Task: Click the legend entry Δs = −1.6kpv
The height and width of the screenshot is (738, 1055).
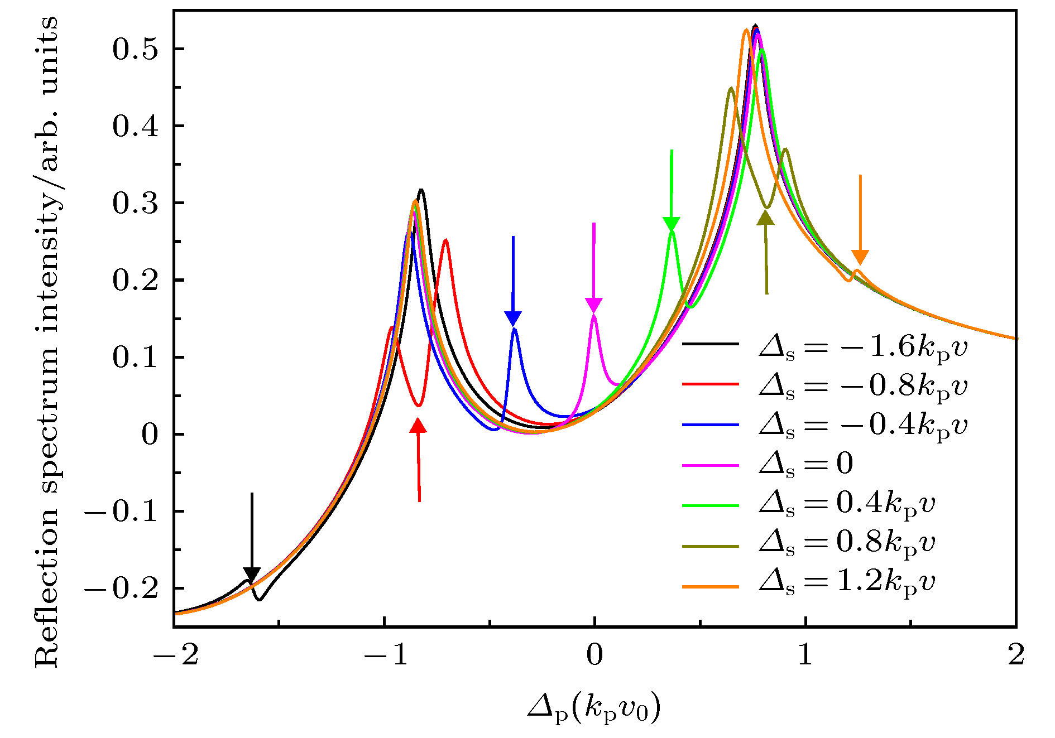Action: click(x=862, y=347)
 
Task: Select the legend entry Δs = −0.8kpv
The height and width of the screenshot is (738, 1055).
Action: click(x=862, y=386)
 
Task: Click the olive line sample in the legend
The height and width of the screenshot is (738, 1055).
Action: click(x=710, y=546)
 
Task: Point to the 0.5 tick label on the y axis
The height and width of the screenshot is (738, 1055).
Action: click(x=136, y=49)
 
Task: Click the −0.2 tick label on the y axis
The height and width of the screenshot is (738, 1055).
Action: click(x=122, y=589)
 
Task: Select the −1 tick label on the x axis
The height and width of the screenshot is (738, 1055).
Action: click(x=385, y=655)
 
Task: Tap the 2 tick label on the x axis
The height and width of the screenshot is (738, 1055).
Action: click(x=1016, y=655)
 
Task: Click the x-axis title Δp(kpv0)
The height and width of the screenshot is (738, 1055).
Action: click(x=594, y=708)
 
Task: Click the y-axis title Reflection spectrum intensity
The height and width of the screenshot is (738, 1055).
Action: click(x=47, y=340)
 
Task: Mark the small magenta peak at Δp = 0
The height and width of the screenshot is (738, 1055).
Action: click(x=594, y=317)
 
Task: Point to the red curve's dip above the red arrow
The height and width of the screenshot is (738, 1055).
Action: click(x=418, y=405)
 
